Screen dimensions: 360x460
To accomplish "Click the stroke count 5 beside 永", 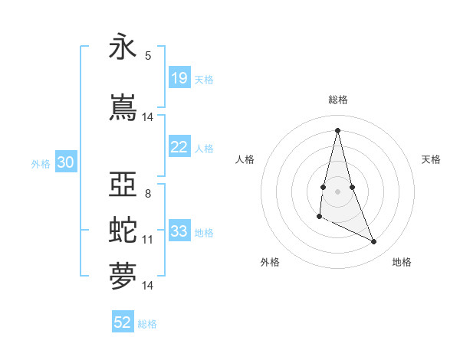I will pyautogui.click(x=148, y=56).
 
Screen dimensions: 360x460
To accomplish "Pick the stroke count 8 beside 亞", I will pyautogui.click(x=148, y=193).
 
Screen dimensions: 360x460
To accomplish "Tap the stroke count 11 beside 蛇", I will pyautogui.click(x=148, y=240).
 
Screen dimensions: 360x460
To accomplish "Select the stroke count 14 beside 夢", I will pyautogui.click(x=148, y=286).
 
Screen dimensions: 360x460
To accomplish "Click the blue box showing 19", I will pyautogui.click(x=179, y=78).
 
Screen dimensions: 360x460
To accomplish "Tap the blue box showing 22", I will pyautogui.click(x=179, y=147).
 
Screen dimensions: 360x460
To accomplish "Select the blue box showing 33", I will pyautogui.click(x=179, y=231).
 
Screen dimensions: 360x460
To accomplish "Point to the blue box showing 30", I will pyautogui.click(x=65, y=162).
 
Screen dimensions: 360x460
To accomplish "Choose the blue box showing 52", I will pyautogui.click(x=123, y=322).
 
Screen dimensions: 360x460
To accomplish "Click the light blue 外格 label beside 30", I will pyautogui.click(x=41, y=163).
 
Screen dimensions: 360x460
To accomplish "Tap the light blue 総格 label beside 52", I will pyautogui.click(x=148, y=323).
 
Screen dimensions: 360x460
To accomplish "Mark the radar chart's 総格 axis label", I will pyautogui.click(x=338, y=100).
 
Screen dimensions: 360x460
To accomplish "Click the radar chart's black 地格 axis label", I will pyautogui.click(x=402, y=262).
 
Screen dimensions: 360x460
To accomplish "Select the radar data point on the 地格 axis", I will pyautogui.click(x=374, y=242).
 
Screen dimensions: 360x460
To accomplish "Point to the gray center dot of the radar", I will pyautogui.click(x=338, y=191).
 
